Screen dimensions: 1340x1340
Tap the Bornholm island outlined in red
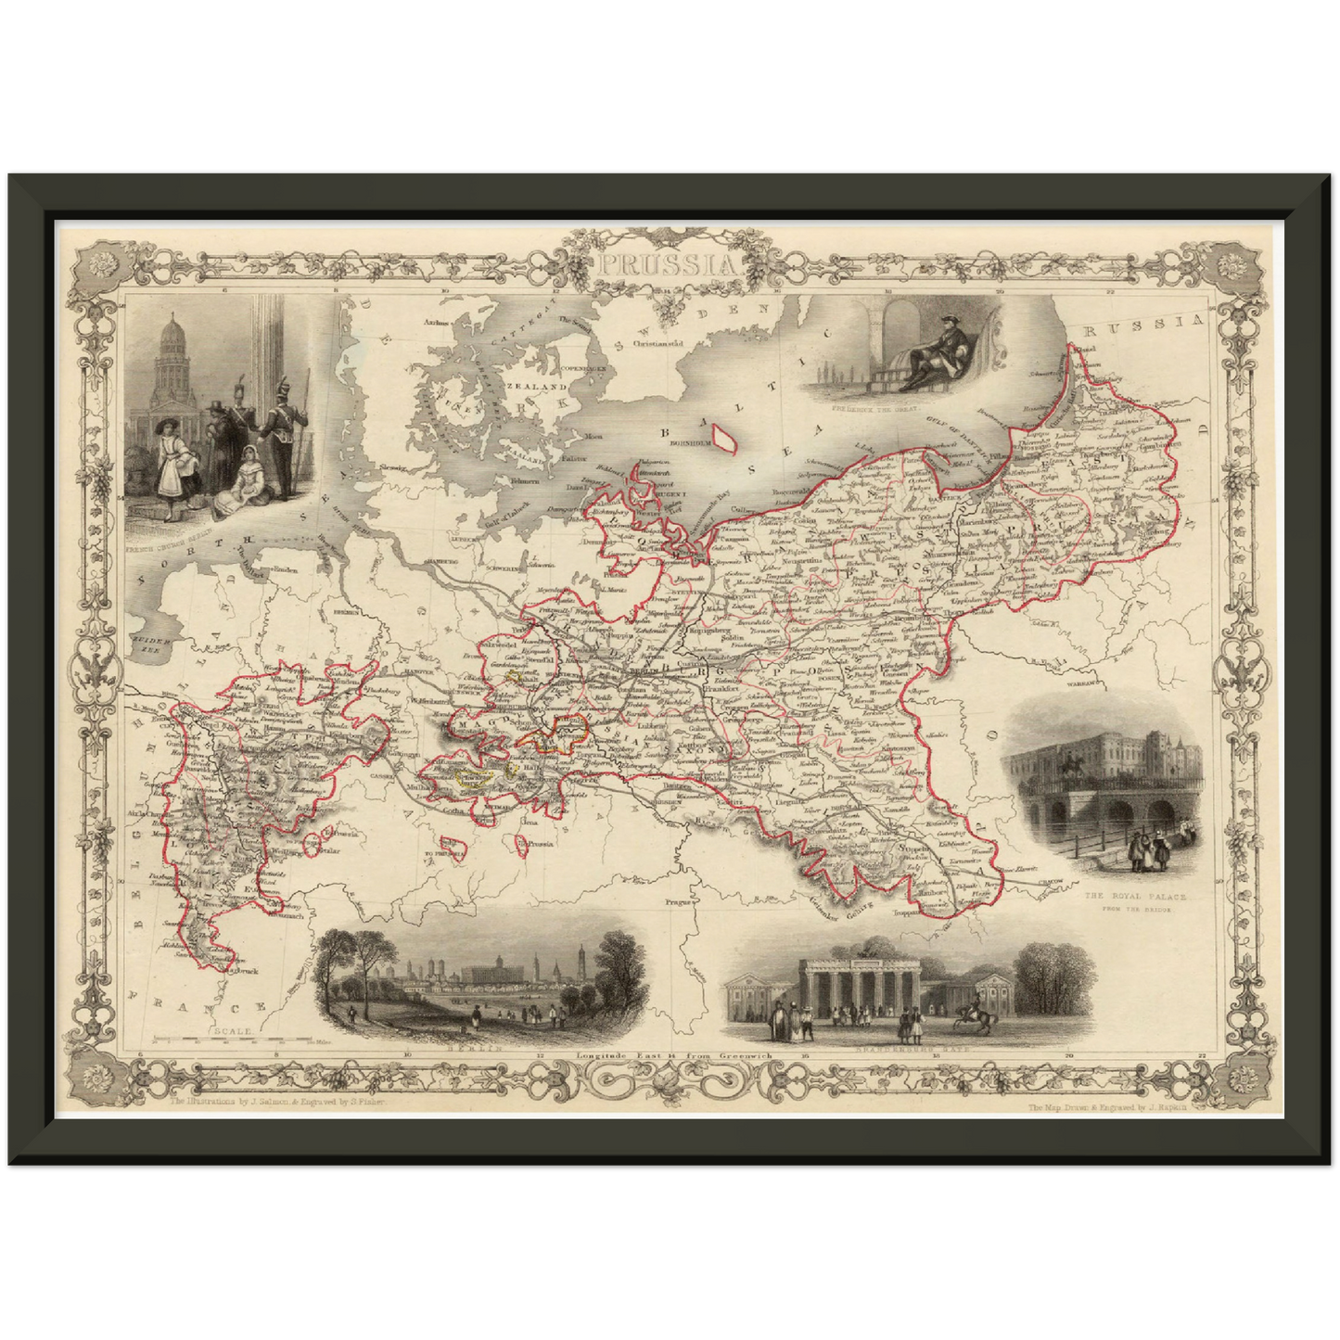coord(721,435)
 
